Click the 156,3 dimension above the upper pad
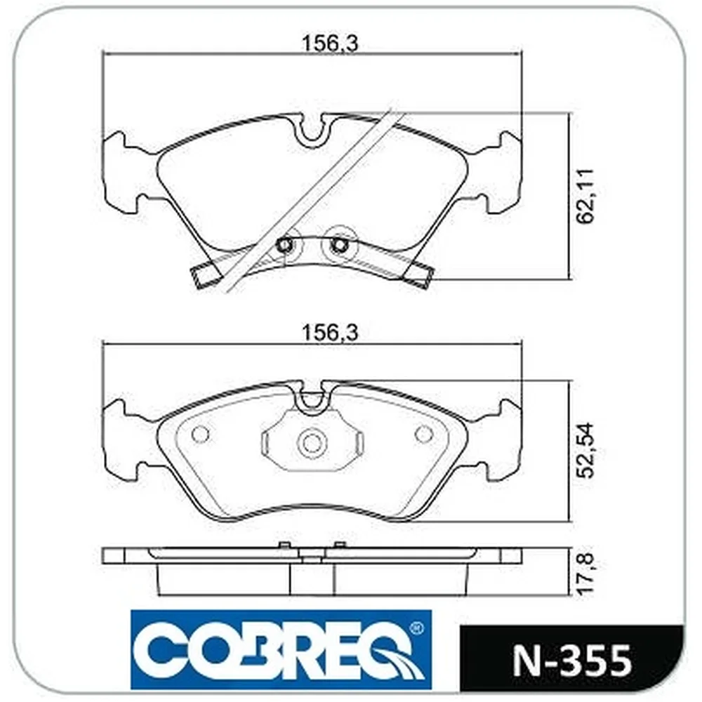(x=330, y=44)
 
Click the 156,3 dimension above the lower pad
(x=330, y=333)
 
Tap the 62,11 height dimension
(x=585, y=195)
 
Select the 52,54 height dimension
(x=585, y=451)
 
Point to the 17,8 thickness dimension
(x=585, y=574)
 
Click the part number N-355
(x=571, y=661)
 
